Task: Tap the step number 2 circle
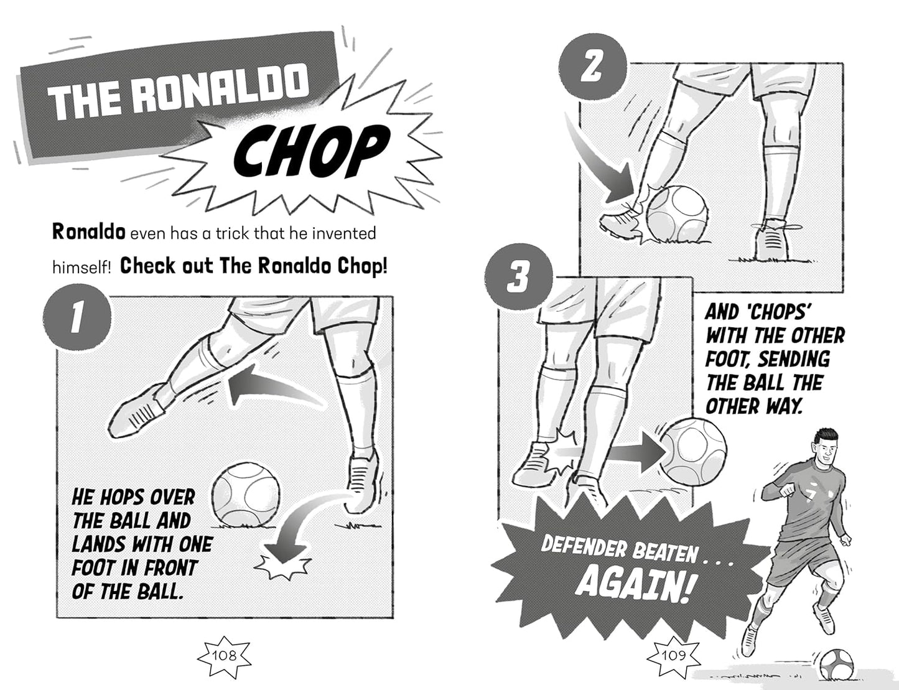(592, 67)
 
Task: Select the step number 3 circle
(518, 277)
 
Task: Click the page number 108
(223, 655)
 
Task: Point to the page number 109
(673, 655)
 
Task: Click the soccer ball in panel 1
(245, 496)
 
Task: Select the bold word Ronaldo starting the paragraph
(88, 233)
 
